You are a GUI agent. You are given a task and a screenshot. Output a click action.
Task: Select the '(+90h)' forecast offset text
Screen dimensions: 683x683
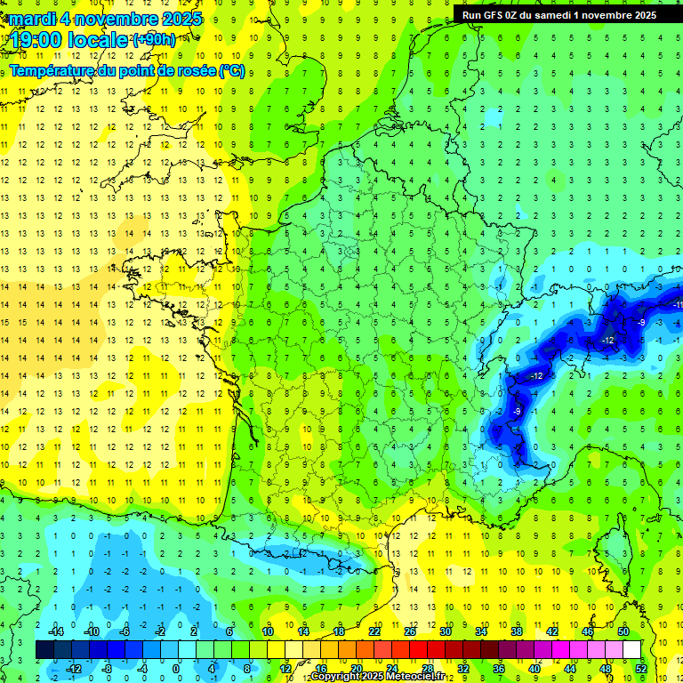[154, 40]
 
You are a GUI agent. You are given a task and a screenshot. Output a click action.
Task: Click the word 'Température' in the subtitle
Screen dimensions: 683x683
[50, 70]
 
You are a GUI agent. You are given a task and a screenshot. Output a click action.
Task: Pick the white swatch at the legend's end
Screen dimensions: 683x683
[631, 650]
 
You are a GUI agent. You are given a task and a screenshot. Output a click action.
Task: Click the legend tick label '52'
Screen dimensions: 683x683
[641, 669]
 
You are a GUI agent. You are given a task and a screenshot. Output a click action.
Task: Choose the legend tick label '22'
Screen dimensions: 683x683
[374, 631]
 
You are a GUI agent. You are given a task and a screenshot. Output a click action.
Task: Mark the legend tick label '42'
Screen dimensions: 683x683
[551, 631]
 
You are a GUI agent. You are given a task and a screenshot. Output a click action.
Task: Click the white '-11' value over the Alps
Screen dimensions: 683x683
[677, 305]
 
